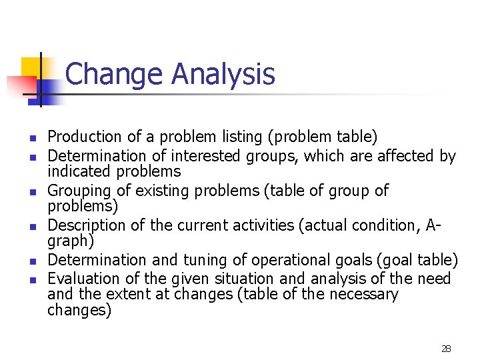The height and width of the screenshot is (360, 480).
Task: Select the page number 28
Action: click(x=446, y=348)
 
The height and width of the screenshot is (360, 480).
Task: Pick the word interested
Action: click(x=205, y=156)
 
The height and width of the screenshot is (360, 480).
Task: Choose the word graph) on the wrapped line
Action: click(x=70, y=240)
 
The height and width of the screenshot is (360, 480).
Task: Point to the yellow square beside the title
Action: click(x=31, y=67)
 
